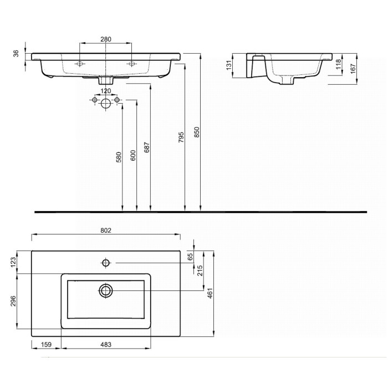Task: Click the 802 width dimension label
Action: coord(106,231)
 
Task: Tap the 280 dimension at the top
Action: coord(106,39)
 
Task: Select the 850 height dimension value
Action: coord(197,132)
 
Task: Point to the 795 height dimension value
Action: coord(181,137)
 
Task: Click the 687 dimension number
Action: coord(147,147)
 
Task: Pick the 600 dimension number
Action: coord(133,155)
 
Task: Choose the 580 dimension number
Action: coord(119,157)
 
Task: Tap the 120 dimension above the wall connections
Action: coord(106,91)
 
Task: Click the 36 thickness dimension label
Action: coord(16,53)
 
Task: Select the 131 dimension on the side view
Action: coord(229,65)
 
